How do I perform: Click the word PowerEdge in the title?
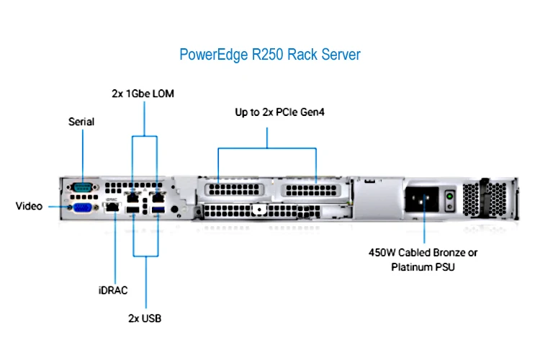tap(214, 55)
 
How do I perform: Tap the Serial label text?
tap(81, 122)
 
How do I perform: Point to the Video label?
tap(30, 206)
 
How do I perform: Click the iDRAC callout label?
tap(113, 290)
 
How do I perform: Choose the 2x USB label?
tap(145, 318)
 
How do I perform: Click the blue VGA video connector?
tap(83, 208)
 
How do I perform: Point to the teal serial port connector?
tap(82, 188)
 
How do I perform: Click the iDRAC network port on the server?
tap(112, 207)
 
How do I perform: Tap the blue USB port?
tap(158, 210)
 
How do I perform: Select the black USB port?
tap(133, 210)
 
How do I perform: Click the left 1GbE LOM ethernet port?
tap(133, 198)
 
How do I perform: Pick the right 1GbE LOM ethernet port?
tap(158, 198)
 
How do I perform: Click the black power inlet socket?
tap(422, 199)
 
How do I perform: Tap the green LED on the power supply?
tap(449, 196)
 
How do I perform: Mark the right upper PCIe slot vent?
tap(311, 190)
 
